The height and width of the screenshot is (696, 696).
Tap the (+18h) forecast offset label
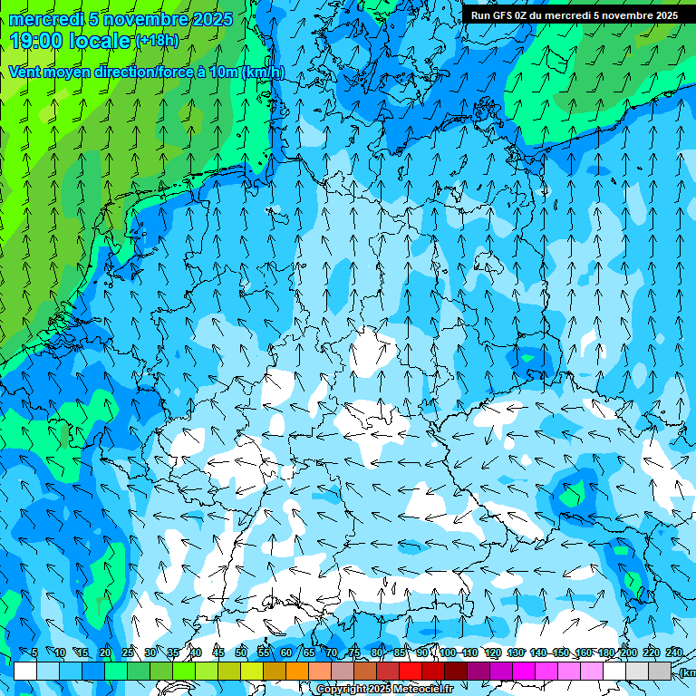click(157, 40)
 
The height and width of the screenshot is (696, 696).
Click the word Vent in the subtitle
click(24, 72)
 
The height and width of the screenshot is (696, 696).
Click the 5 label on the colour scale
click(34, 652)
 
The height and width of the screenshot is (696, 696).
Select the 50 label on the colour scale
click(241, 652)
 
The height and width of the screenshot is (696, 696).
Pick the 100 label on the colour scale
click(448, 652)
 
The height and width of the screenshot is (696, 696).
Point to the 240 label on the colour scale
click(674, 652)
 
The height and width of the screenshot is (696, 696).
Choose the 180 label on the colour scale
click(606, 652)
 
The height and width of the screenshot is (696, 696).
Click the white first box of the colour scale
click(25, 671)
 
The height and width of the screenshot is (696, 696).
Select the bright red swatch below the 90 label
click(411, 671)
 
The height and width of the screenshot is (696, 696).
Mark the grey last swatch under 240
click(660, 671)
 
